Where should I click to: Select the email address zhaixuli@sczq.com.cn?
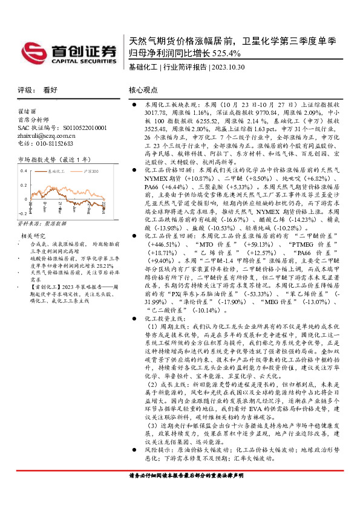(x=49, y=135)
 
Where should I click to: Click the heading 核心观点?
(x=143, y=89)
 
